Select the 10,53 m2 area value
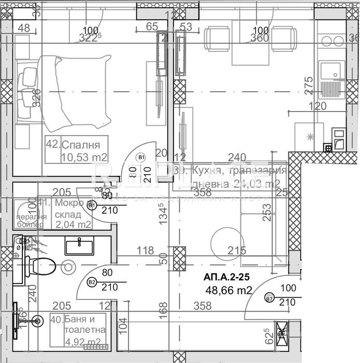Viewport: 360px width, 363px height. (x=84, y=157)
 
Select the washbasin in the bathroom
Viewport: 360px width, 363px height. (x=79, y=243)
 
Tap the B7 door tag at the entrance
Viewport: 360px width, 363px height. (x=269, y=299)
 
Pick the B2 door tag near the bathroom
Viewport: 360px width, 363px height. (x=92, y=283)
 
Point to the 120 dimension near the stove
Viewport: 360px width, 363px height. (x=317, y=106)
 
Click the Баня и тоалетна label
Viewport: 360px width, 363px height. (x=84, y=325)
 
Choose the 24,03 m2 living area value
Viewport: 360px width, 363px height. (x=258, y=184)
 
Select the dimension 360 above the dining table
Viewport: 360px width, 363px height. (x=259, y=37)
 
